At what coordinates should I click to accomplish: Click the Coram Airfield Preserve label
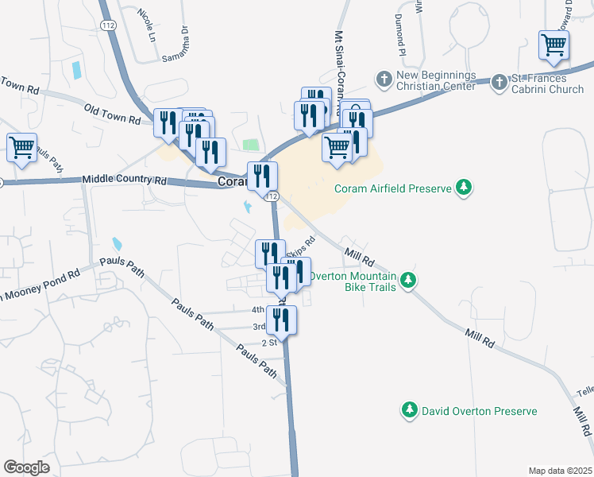[392, 188]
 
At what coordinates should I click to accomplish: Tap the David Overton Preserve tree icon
[409, 410]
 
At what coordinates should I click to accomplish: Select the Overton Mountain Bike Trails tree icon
[408, 279]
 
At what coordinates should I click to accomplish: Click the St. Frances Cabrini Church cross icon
[499, 82]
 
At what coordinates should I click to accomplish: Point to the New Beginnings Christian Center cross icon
[384, 79]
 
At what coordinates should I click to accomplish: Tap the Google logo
[26, 467]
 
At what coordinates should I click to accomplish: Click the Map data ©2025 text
[559, 471]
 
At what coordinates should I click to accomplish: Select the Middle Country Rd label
[124, 181]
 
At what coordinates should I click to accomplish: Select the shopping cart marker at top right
[553, 45]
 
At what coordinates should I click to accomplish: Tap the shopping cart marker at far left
[21, 147]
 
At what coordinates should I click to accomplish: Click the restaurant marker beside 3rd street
[282, 320]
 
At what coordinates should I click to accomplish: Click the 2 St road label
[268, 343]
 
